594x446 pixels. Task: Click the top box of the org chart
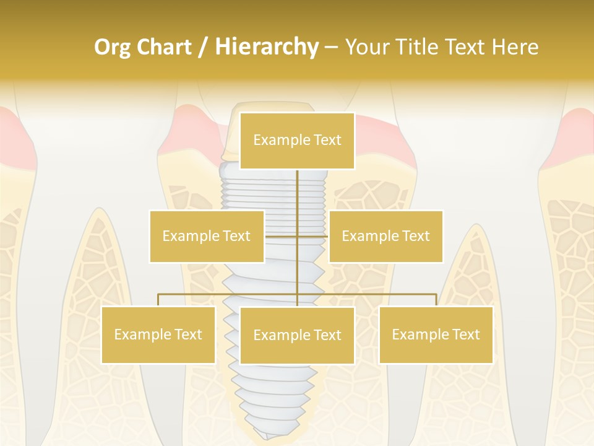297,141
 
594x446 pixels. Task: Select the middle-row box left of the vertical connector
207,236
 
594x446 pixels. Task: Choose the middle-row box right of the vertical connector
385,236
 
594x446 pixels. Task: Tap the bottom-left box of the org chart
158,334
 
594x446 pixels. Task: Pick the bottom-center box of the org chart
297,335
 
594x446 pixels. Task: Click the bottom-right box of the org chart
436,334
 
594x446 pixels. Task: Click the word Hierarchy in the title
267,47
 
